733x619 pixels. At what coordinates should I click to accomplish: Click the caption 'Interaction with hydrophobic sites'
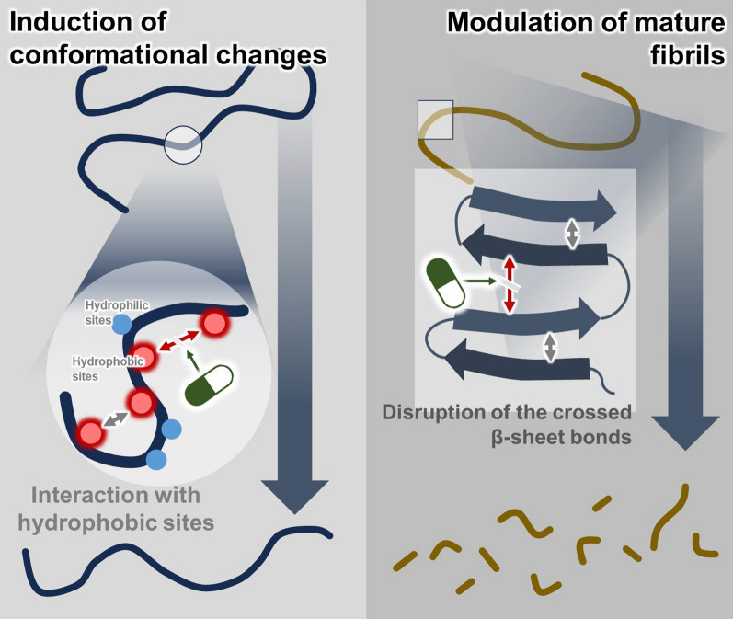(x=122, y=510)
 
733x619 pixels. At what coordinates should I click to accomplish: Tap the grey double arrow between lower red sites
(x=115, y=418)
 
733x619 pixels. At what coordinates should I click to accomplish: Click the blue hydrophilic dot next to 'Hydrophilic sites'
(x=120, y=324)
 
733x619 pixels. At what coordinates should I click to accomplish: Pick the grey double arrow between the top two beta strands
(x=572, y=233)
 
